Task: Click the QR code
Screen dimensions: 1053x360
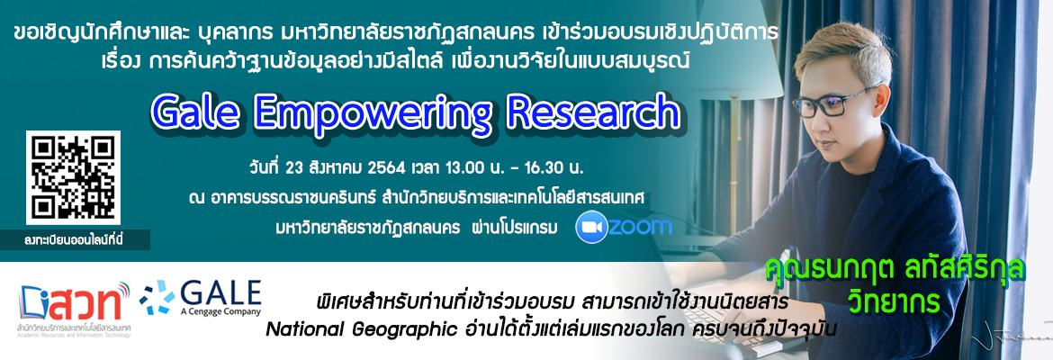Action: tap(73, 177)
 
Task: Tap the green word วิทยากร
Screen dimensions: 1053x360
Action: tap(890, 301)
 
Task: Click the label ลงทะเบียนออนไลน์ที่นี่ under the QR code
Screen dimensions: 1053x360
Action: tap(76, 239)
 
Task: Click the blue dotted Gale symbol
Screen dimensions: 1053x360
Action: tap(157, 296)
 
